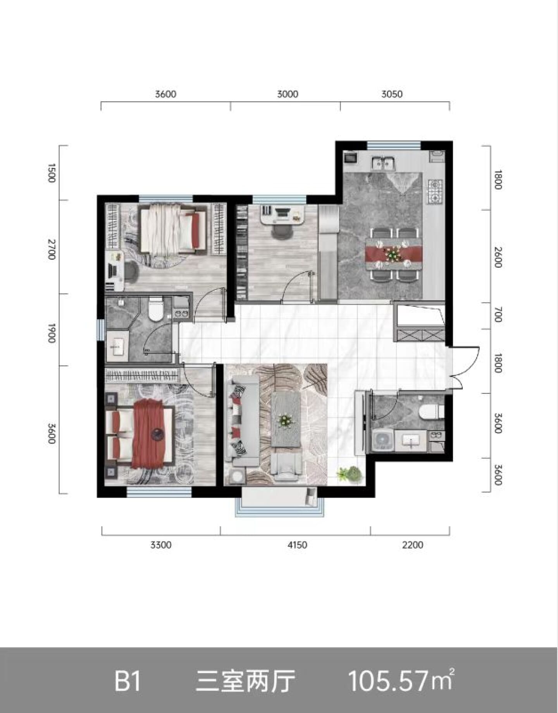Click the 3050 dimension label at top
[392, 94]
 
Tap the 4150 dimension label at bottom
[297, 545]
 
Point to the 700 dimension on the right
[498, 314]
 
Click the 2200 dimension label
[412, 545]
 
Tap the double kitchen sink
[383, 163]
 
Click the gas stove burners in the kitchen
[435, 192]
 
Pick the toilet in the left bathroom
[156, 309]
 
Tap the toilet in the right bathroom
[432, 412]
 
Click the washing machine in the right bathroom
[383, 441]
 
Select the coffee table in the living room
[286, 419]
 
